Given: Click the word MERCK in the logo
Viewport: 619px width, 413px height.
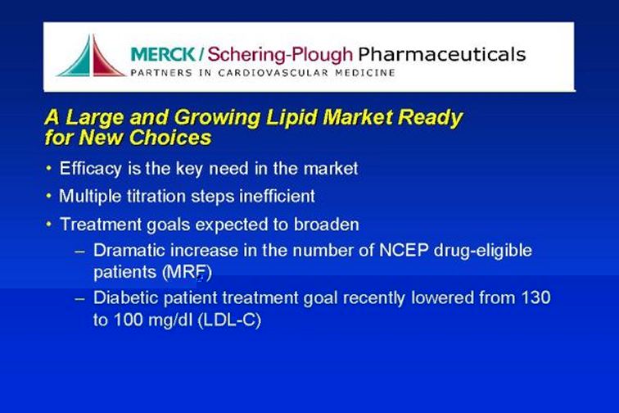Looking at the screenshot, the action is (163, 54).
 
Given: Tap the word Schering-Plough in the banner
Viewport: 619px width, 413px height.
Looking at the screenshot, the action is (280, 55).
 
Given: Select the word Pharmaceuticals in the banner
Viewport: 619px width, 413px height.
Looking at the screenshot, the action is (442, 54).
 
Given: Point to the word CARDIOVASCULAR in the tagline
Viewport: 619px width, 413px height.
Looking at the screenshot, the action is (273, 73).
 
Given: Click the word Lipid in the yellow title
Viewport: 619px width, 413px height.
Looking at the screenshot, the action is (291, 117).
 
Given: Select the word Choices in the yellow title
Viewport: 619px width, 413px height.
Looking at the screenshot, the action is (170, 138).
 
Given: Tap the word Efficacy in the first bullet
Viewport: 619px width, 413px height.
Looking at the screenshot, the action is (90, 169).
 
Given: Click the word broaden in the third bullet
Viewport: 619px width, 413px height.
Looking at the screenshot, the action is (326, 225).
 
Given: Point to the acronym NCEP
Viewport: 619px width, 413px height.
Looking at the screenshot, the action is (404, 250).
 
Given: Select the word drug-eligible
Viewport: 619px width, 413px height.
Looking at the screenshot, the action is (483, 251).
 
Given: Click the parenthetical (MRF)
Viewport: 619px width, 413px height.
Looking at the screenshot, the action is (187, 272).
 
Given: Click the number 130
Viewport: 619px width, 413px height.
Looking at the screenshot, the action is (535, 297).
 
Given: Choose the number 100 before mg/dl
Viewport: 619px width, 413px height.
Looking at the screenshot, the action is (128, 320).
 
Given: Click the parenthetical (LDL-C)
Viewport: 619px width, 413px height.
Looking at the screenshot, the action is (229, 320).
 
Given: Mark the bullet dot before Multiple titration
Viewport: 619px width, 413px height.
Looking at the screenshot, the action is (48, 196).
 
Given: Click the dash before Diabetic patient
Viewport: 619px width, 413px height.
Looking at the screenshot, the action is (79, 299).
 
